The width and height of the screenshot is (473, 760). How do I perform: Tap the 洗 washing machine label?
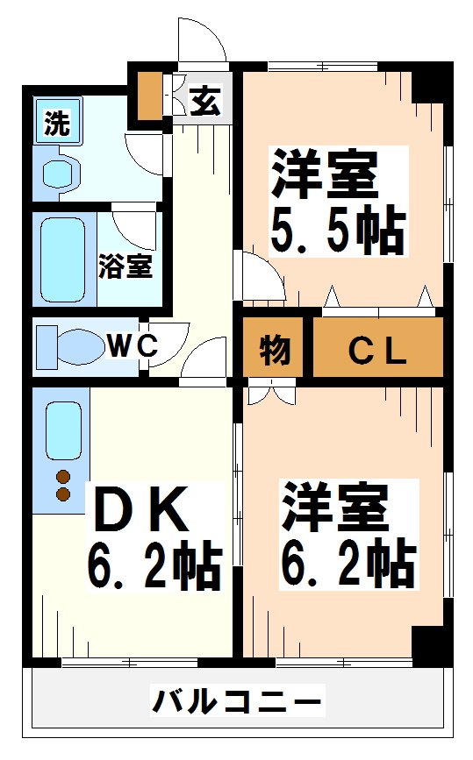[57, 124]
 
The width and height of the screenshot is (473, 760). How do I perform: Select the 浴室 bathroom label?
[125, 266]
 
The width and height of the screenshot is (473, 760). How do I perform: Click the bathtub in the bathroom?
[63, 258]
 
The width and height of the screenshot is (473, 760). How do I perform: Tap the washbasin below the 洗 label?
[60, 171]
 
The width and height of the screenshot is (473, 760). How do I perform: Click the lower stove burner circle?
[63, 495]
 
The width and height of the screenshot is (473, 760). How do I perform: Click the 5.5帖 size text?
[337, 231]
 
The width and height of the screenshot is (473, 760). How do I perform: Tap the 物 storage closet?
[274, 350]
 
